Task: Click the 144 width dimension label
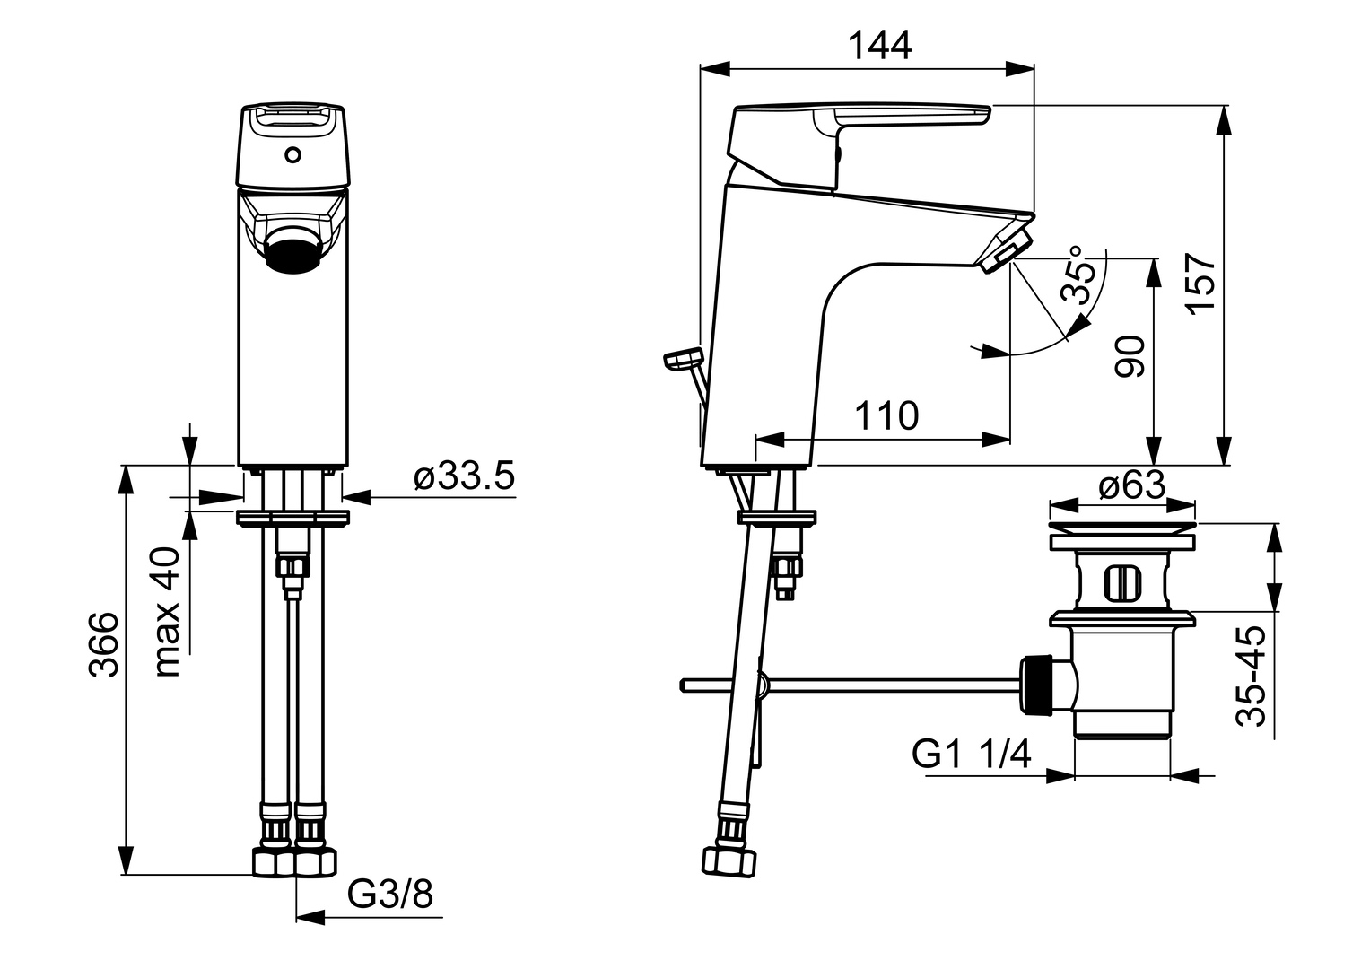point(880,45)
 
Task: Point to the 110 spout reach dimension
point(886,417)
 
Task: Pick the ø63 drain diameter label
point(1131,486)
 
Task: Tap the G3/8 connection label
point(390,894)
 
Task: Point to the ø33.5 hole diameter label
point(465,477)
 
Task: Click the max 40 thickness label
point(168,612)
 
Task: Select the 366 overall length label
point(104,645)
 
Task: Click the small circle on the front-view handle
point(292,155)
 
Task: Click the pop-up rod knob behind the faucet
point(681,359)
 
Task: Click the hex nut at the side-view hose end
point(727,860)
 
